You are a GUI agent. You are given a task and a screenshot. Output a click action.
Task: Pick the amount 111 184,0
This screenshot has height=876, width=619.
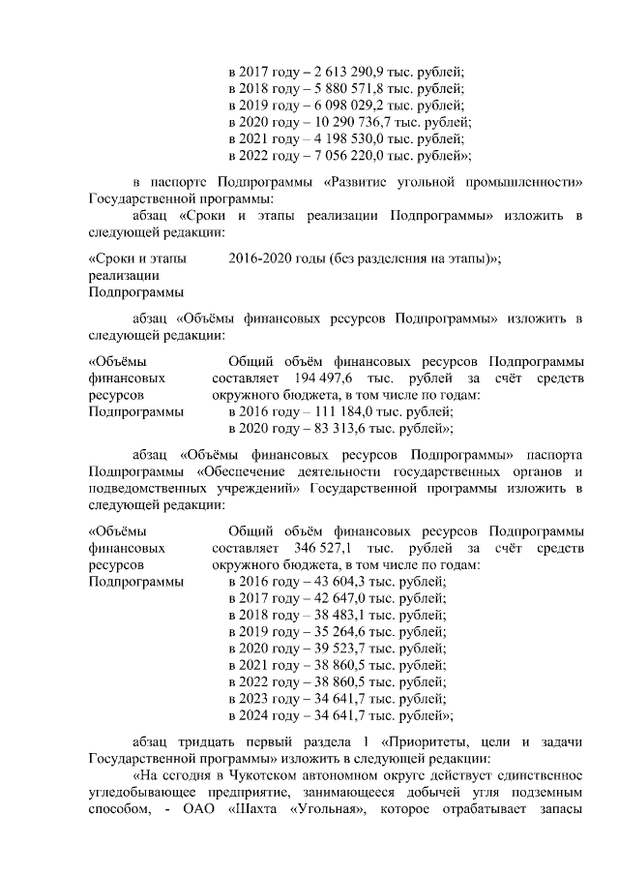336,411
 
